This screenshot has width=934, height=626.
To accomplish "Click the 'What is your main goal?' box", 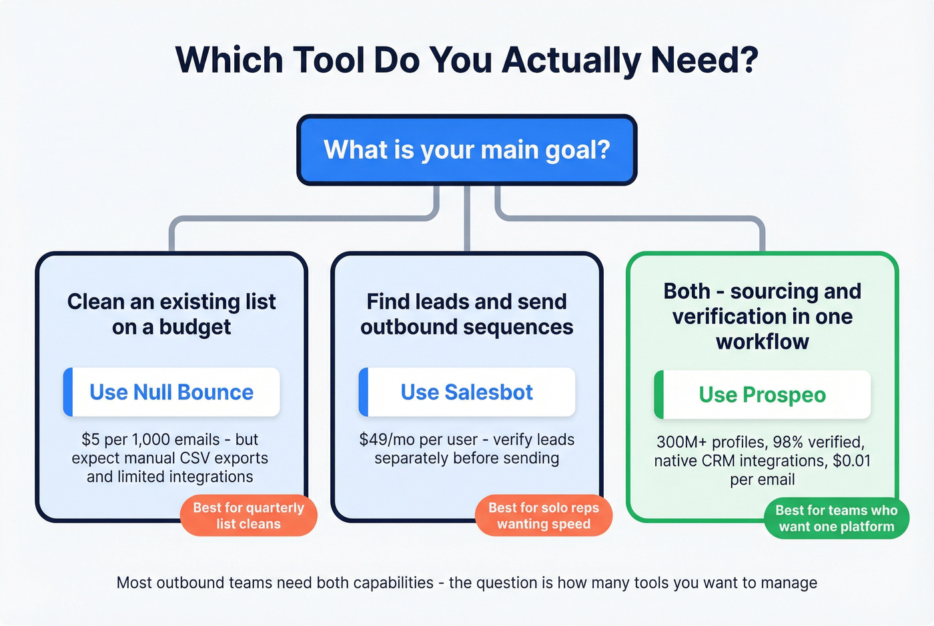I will (x=467, y=150).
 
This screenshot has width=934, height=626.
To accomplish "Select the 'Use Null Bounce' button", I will (x=171, y=392).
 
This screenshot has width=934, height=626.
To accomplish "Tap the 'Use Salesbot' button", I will (x=467, y=392).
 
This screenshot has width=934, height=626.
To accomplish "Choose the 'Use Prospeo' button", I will (x=763, y=395).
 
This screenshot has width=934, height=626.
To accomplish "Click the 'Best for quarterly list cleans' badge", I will (x=248, y=515).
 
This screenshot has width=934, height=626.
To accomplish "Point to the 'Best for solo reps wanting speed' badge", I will (x=544, y=515).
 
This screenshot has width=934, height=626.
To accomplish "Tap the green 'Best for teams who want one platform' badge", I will (x=837, y=518).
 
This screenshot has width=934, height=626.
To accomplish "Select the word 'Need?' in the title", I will (x=705, y=60).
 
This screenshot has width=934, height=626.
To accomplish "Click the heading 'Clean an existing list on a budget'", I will (x=171, y=314).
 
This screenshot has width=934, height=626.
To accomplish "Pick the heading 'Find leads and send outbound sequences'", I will (x=467, y=314).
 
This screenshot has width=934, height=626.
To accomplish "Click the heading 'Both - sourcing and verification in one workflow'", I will (x=763, y=316).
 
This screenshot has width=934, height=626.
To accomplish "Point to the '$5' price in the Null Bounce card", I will (x=91, y=440).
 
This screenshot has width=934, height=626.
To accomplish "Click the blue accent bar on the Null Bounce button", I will (x=68, y=392).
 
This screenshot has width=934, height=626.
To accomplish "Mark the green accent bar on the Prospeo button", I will (x=659, y=395).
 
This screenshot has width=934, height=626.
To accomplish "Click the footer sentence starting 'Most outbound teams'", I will (x=467, y=583).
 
